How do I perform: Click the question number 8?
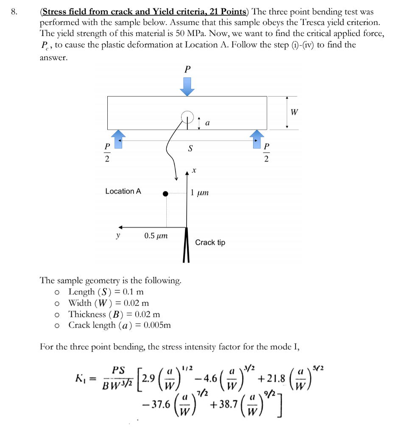[x=14, y=12]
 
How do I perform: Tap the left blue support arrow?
[x=117, y=139]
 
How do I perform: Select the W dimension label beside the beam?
[x=294, y=112]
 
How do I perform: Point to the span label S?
[x=190, y=149]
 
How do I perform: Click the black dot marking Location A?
[x=165, y=194]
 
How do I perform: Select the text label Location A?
[x=123, y=191]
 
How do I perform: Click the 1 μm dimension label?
[x=199, y=193]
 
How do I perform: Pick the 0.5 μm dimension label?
[x=156, y=236]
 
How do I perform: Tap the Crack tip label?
[x=210, y=242]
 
